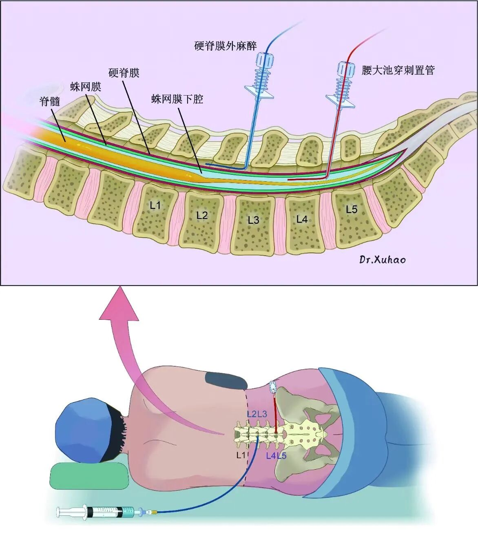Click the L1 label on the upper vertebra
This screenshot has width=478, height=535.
pyautogui.click(x=155, y=205)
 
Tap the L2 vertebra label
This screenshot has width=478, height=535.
pyautogui.click(x=202, y=215)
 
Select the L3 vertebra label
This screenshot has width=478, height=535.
pyautogui.click(x=254, y=220)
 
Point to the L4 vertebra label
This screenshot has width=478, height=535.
pyautogui.click(x=302, y=219)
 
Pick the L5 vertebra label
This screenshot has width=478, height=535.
pyautogui.click(x=352, y=210)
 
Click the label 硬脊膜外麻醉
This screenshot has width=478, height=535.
pyautogui.click(x=226, y=46)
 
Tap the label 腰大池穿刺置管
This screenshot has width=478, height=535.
pyautogui.click(x=398, y=70)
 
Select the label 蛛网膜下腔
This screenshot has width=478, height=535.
pyautogui.click(x=177, y=99)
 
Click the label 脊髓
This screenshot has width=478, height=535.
pyautogui.click(x=50, y=101)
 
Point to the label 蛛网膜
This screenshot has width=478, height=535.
pyautogui.click(x=86, y=87)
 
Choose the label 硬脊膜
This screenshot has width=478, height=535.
pyautogui.click(x=124, y=73)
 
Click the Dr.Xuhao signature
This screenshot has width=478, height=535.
pyautogui.click(x=383, y=259)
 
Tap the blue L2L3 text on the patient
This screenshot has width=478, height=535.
pyautogui.click(x=257, y=414)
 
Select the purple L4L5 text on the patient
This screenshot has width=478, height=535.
pyautogui.click(x=276, y=456)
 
